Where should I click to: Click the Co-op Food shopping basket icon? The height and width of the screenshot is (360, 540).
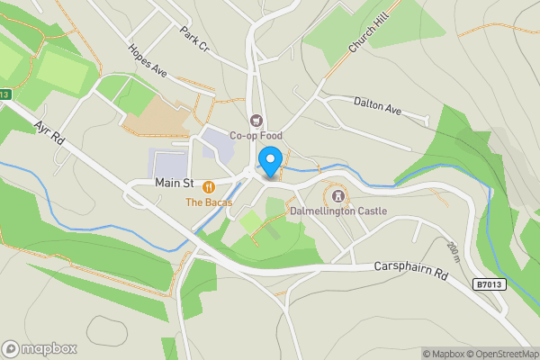point(256,121)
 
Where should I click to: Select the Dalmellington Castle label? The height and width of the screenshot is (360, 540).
point(338,211)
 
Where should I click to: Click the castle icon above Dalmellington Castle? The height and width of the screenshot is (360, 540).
point(338,194)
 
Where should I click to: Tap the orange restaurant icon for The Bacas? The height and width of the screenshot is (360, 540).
point(209,186)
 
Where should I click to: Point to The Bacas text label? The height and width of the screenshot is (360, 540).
point(209,202)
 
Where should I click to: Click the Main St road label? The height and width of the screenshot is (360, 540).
point(175,183)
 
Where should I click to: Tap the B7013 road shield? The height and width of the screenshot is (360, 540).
point(489,283)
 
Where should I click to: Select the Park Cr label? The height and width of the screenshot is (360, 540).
point(193,37)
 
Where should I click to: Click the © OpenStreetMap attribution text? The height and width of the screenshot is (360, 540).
point(498,354)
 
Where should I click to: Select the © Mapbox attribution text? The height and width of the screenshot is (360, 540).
point(441,354)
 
